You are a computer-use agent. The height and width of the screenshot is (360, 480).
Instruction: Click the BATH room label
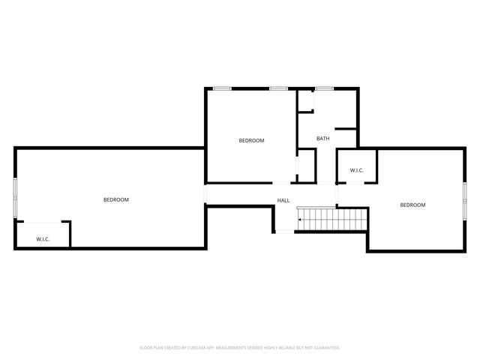[x=322, y=139]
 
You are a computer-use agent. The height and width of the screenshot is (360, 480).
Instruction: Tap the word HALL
[x=283, y=200]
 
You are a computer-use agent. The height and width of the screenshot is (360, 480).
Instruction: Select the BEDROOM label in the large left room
[x=116, y=199]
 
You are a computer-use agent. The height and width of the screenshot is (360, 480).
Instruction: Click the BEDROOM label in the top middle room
[x=251, y=140]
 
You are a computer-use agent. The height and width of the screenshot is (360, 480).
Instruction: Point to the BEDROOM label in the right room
[x=412, y=205]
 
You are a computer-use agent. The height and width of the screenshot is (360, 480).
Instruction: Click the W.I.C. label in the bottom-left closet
[x=43, y=239]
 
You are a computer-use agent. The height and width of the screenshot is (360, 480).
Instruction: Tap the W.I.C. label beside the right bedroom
[x=357, y=171]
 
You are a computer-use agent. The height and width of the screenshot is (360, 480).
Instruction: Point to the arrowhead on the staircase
[x=300, y=220]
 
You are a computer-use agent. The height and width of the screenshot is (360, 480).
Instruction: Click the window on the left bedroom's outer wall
[x=15, y=199]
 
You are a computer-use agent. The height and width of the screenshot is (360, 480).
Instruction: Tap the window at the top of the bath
[x=324, y=88]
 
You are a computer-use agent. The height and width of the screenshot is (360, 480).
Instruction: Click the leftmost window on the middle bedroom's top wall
[x=221, y=88]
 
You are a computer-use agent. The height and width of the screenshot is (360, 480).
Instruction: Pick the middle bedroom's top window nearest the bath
[x=278, y=88]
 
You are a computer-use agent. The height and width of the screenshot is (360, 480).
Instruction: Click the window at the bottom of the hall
[x=284, y=232]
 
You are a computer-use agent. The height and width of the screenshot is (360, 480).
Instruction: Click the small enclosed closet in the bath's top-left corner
[x=304, y=101]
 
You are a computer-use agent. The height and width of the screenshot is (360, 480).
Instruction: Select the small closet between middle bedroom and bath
[x=306, y=165]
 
